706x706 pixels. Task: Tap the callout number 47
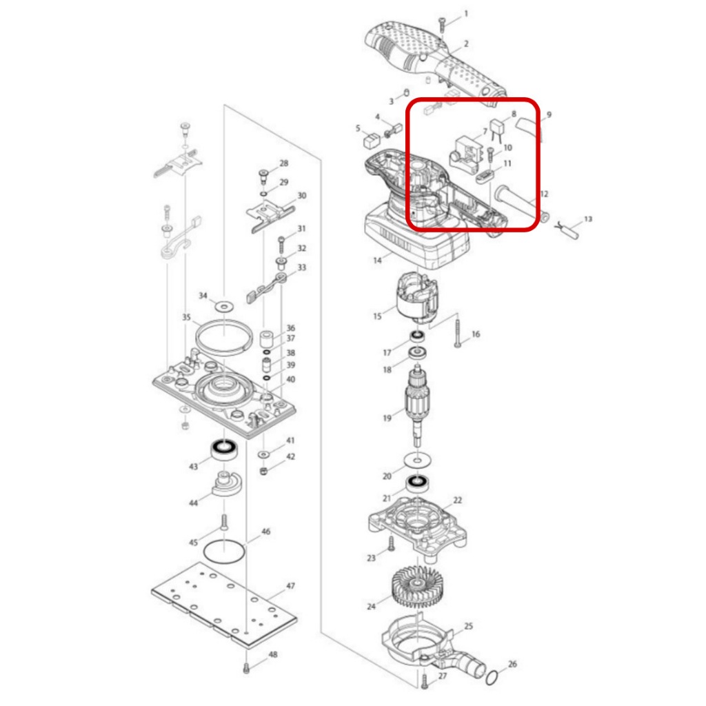[291, 586]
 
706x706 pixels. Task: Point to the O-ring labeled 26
[492, 678]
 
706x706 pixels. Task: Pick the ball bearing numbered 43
[224, 450]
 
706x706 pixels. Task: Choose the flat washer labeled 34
[224, 307]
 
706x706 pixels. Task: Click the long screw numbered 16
[458, 333]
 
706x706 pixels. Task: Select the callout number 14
[377, 260]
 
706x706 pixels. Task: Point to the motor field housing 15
[417, 299]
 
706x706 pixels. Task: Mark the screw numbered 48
[246, 668]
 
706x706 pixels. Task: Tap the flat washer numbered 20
[417, 461]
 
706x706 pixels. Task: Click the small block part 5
[372, 141]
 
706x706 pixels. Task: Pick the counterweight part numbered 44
[225, 483]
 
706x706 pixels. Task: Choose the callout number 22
[458, 501]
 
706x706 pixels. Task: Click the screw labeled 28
[264, 176]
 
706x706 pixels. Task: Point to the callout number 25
[469, 626]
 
